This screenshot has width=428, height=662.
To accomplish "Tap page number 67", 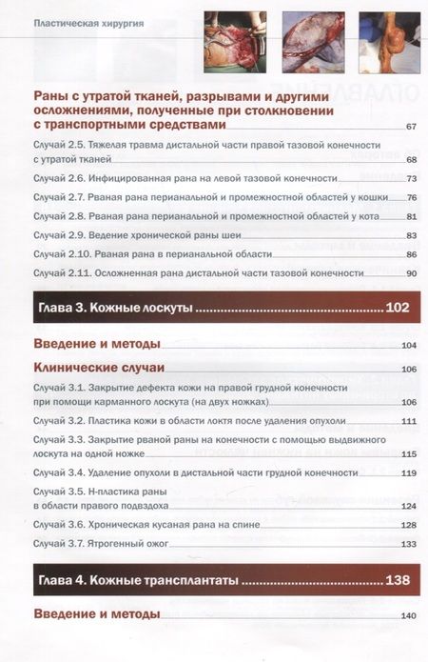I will pos(411,128).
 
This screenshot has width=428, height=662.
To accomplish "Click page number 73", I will pos(411,179).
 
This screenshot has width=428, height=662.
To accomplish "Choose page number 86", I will pos(411,255).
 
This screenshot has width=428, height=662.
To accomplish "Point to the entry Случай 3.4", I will pos(190,473).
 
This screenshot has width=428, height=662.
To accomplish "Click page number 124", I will pos(411,506).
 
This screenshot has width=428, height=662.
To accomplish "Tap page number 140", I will pos(411,616).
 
